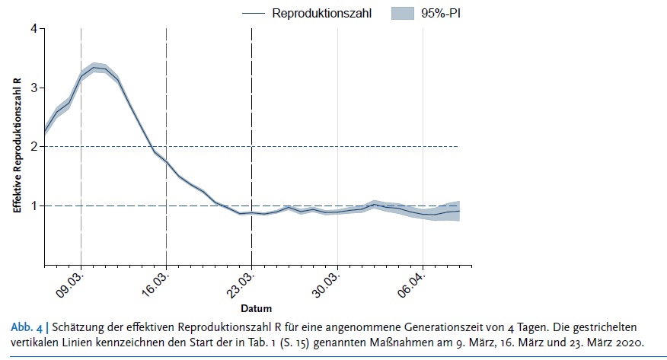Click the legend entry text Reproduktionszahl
322,13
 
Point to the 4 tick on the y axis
34,29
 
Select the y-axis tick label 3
34,88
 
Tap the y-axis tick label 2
34,147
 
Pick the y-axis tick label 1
34,205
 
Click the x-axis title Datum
252,309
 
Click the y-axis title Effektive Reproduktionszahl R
17,146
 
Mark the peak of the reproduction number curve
94,67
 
